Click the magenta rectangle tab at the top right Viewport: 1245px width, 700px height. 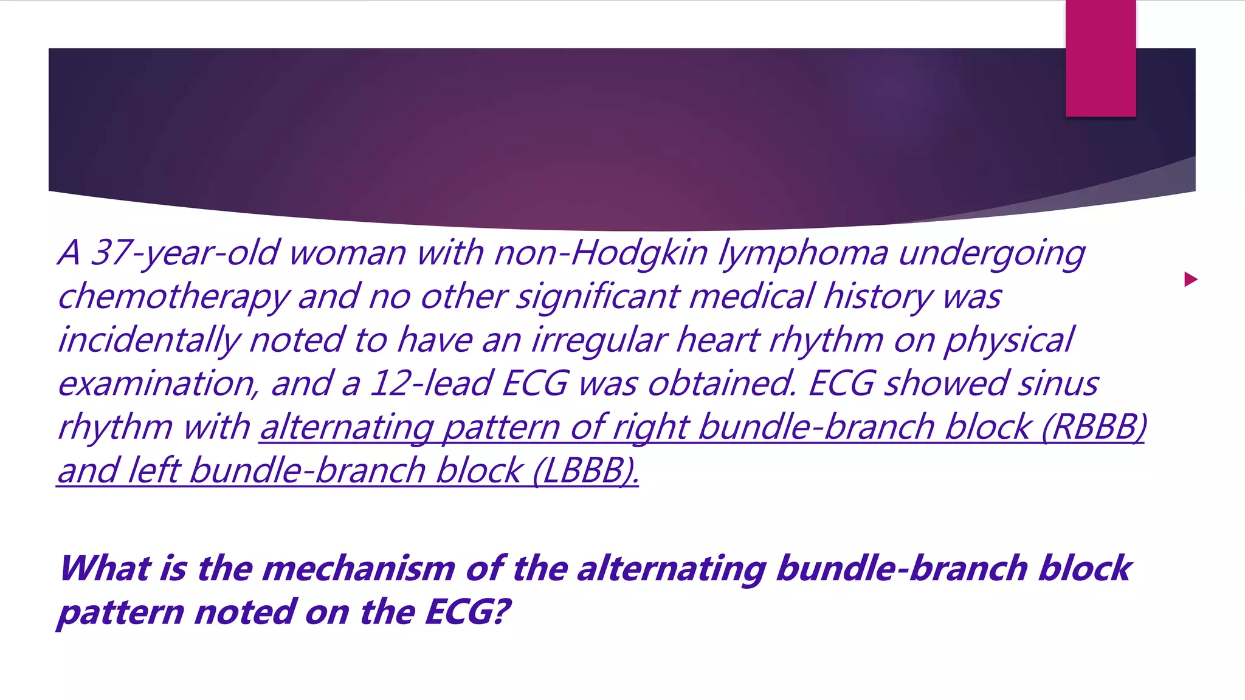[1100, 58]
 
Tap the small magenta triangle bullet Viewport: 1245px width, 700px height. [1190, 280]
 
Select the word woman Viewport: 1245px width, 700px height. [347, 253]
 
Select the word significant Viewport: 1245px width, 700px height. [598, 297]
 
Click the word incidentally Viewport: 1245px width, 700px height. [148, 340]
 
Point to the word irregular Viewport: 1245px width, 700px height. [598, 340]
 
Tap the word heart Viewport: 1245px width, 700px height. [717, 339]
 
